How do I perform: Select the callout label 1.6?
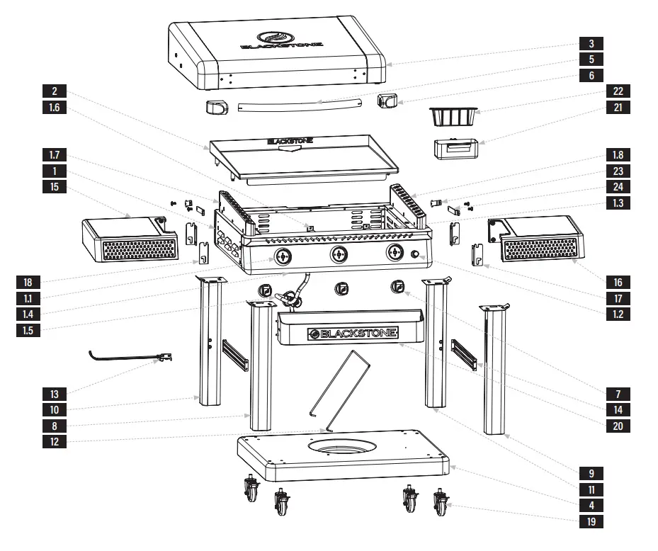[x=55, y=108]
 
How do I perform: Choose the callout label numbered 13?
[x=55, y=393]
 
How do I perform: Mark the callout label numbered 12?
[x=55, y=442]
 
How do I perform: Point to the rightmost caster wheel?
[x=442, y=504]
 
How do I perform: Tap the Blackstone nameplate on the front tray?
[x=352, y=332]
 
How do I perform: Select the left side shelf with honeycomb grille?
[x=129, y=239]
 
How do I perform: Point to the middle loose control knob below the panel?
[x=342, y=288]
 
